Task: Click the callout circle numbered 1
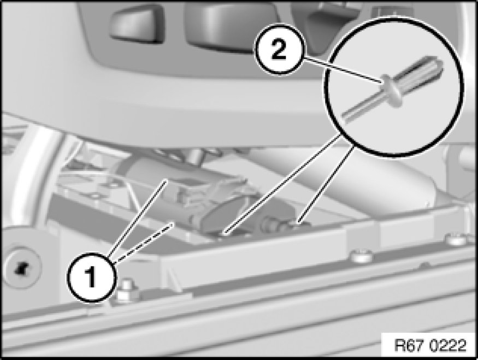click(92, 277)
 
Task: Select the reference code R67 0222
click(430, 346)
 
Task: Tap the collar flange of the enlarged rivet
click(392, 91)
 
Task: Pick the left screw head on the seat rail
click(362, 256)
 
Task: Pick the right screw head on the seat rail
click(456, 239)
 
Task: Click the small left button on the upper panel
click(137, 24)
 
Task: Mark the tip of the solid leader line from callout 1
click(167, 180)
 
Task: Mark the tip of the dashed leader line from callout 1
click(174, 223)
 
